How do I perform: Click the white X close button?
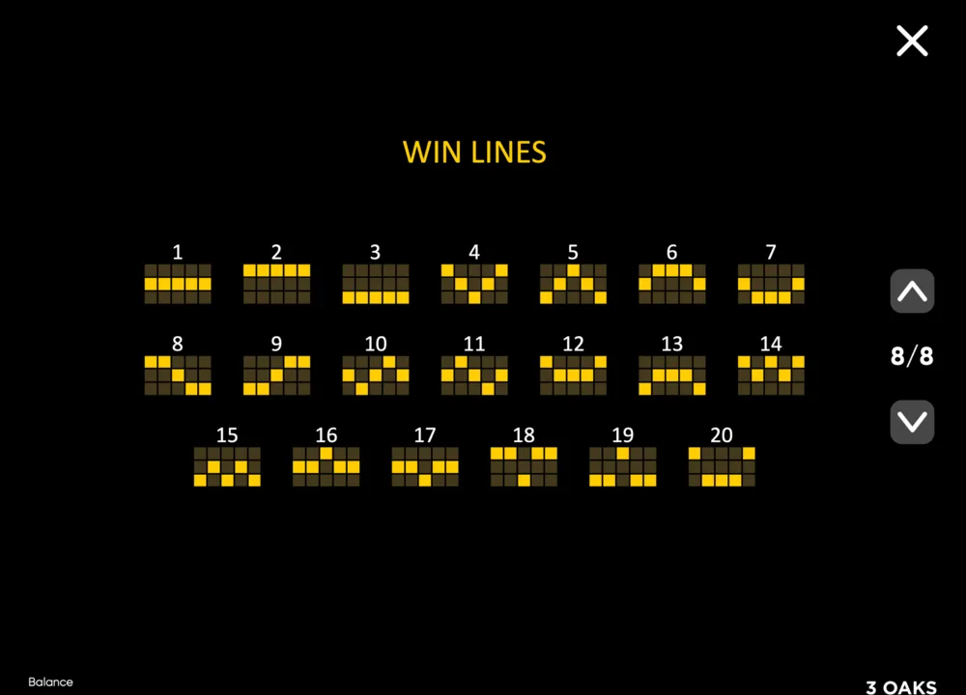coord(912,41)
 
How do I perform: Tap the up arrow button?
coord(912,292)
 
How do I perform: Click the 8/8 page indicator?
coord(912,356)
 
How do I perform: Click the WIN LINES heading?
coord(474,153)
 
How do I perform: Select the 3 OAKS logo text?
coord(901,687)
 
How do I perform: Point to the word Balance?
coord(50,682)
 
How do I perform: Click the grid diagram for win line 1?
coord(178,284)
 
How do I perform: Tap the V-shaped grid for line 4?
coord(474,284)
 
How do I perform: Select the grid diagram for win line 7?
coord(771,284)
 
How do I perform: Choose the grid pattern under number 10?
coord(375,375)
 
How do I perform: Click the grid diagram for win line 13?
coord(672,375)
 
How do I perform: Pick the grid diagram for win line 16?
coord(326,466)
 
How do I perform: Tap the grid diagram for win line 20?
coord(722,466)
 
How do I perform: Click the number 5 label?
coord(573,252)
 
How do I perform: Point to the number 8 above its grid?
coord(178,344)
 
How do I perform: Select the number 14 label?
coord(771,344)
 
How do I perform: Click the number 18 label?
coord(524,435)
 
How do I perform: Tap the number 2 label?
coord(276,252)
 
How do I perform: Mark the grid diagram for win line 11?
coord(474,375)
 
